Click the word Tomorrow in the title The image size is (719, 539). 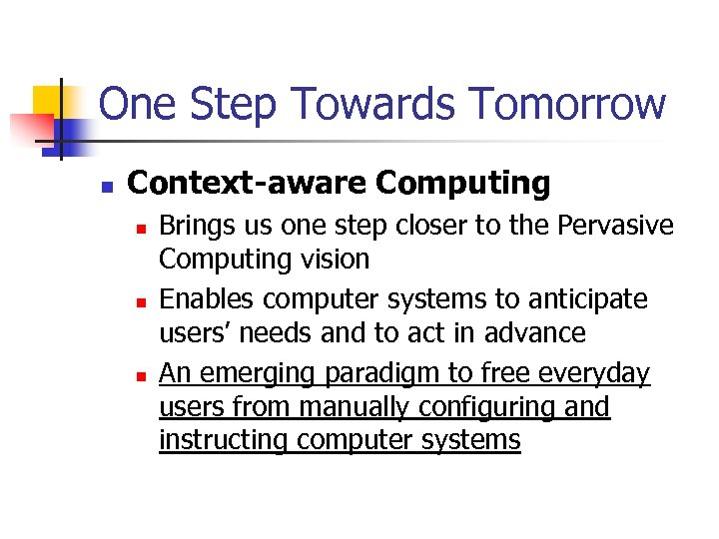tap(566, 104)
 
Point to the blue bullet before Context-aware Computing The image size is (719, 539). tap(107, 187)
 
